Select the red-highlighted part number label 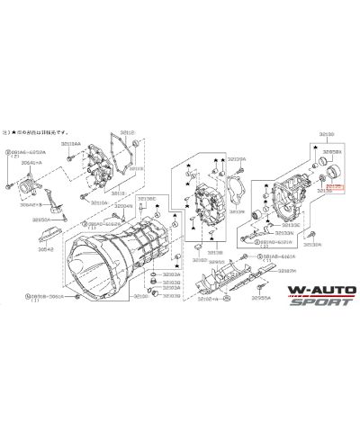334,185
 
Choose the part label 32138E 147,199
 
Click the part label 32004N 123,205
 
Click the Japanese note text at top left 45,129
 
